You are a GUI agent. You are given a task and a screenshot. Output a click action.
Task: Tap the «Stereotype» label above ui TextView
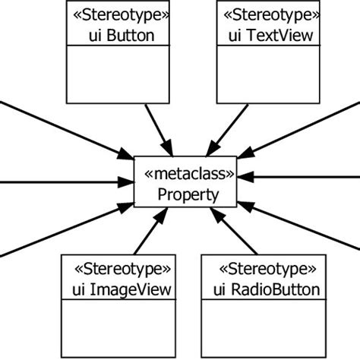264,14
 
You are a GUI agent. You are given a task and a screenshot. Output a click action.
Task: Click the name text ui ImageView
122,289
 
